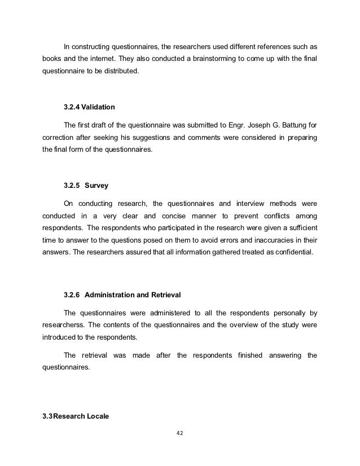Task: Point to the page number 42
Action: (181, 434)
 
